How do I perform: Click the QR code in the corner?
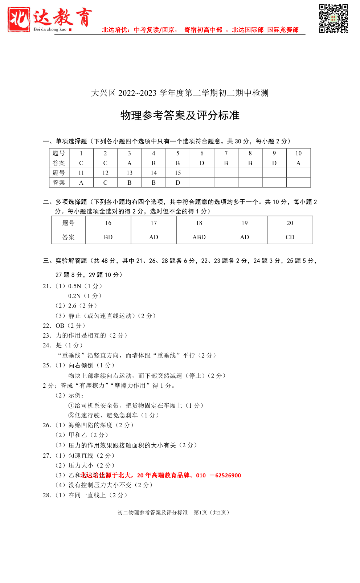[333, 19]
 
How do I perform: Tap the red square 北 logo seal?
[19, 20]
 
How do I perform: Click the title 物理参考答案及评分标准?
[180, 115]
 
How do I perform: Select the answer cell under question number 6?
[202, 163]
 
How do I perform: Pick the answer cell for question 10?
[298, 163]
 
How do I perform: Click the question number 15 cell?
[178, 173]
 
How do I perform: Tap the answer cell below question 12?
[105, 183]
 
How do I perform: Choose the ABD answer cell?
[199, 237]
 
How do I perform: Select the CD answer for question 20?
[290, 237]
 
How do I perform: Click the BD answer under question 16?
[108, 237]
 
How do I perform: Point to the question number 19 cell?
[244, 223]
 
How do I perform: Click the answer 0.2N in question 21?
[74, 296]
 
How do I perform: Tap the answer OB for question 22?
[60, 326]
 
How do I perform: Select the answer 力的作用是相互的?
[81, 336]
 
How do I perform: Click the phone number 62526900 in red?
[228, 476]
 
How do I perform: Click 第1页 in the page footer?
[200, 513]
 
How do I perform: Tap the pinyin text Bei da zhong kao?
[50, 29]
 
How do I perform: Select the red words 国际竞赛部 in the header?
[283, 30]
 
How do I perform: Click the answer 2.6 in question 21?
[72, 306]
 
